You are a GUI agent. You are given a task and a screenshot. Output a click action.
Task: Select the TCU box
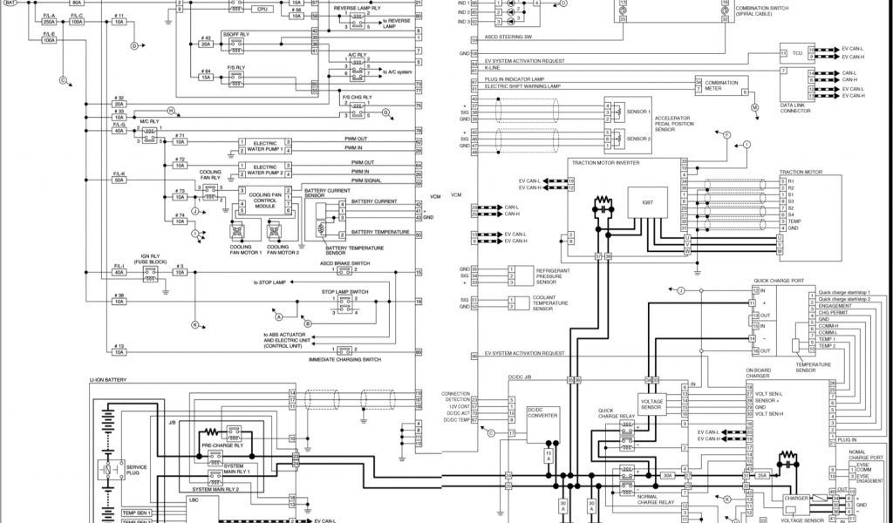click(x=797, y=53)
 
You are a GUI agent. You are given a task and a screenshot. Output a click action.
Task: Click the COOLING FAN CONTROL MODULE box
click(x=262, y=201)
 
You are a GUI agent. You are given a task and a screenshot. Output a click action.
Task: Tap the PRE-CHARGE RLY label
click(x=220, y=445)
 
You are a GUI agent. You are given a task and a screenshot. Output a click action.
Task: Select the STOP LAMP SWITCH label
click(x=344, y=291)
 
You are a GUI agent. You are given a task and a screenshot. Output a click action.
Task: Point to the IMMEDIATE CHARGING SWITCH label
click(x=344, y=359)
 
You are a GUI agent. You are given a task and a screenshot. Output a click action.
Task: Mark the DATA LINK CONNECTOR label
click(x=795, y=108)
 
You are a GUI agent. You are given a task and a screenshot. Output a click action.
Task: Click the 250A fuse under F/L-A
click(x=49, y=22)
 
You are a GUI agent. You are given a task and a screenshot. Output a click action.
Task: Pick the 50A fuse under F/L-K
click(x=119, y=180)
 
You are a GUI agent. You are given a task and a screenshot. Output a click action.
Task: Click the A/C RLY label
click(x=356, y=54)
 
